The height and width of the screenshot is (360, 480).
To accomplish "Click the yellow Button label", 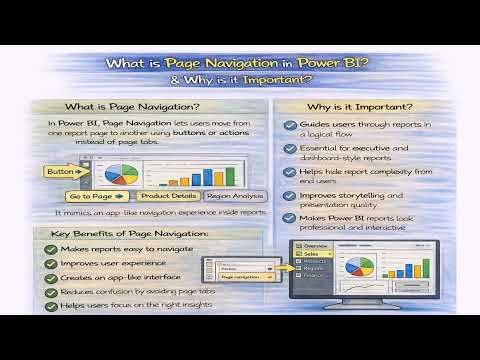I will (x=60, y=172).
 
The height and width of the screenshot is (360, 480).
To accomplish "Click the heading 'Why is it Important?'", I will (x=358, y=107).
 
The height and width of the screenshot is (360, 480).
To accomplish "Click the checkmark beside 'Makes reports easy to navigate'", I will (x=49, y=248).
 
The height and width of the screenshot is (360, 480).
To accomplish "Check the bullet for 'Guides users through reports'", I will (x=290, y=124).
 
